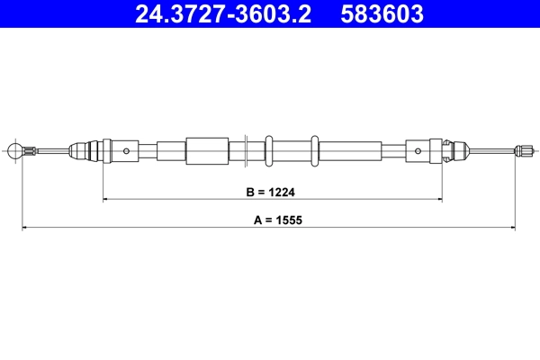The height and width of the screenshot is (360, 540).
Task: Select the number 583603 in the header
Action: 382,14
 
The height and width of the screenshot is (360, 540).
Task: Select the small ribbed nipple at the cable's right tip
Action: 521,150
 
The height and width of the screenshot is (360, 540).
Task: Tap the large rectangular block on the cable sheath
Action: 207,150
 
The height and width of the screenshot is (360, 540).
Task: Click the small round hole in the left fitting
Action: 127,150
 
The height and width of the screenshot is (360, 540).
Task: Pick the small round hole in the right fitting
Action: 419,150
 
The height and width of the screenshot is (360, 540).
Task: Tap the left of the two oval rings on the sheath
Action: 268,150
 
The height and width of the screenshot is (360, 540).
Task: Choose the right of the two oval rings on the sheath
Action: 313,150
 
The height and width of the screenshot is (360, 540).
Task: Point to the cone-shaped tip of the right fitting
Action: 459,150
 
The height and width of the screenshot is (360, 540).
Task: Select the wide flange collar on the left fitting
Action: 106,150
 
